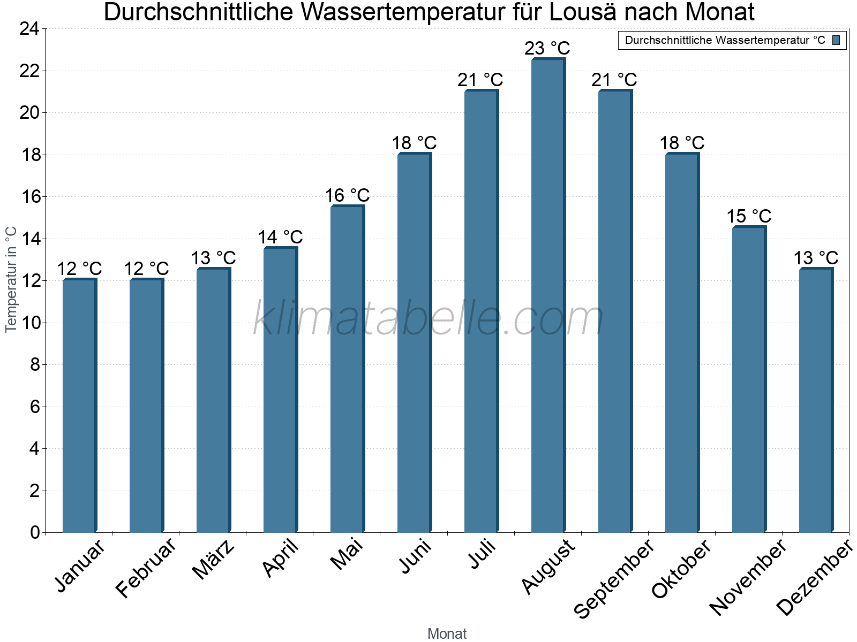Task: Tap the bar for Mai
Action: click(347, 369)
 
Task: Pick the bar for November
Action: click(748, 379)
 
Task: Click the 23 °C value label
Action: click(547, 49)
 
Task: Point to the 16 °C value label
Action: click(347, 195)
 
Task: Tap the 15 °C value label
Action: click(749, 216)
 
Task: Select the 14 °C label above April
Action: click(280, 237)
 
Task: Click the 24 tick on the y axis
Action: click(29, 29)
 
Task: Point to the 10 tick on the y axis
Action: click(29, 323)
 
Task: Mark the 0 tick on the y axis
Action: click(35, 532)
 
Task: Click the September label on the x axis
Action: click(614, 578)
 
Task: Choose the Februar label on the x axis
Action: click(146, 567)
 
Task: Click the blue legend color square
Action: click(836, 40)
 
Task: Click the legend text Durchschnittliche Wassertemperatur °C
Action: click(725, 40)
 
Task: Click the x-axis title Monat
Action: click(447, 633)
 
